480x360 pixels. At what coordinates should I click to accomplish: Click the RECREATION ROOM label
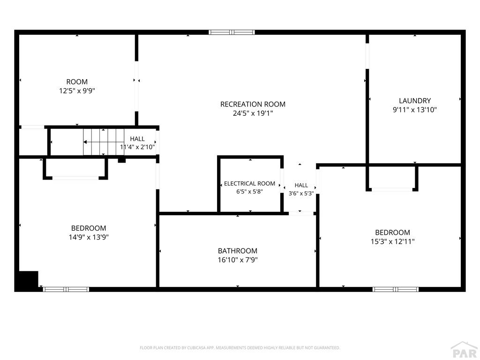point(253,105)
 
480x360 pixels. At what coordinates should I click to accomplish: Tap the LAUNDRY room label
point(415,101)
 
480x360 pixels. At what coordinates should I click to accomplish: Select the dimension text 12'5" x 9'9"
point(77,91)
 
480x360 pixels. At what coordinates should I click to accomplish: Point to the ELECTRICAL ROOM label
point(249,184)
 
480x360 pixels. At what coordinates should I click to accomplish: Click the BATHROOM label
point(238,251)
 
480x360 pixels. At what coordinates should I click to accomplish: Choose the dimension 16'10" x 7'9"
point(238,260)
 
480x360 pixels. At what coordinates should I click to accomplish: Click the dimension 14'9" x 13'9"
point(89,237)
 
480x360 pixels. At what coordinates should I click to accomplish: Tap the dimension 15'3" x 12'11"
point(393,241)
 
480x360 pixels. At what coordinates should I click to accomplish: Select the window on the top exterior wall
point(232,32)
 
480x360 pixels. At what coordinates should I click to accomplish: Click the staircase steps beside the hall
point(104,142)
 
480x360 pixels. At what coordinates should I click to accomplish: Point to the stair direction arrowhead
point(85,142)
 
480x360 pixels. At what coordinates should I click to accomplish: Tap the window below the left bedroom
point(66,289)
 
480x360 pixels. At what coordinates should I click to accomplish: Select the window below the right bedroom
point(396,289)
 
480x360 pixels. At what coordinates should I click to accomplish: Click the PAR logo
point(465,351)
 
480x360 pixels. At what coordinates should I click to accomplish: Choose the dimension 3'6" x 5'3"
point(301,194)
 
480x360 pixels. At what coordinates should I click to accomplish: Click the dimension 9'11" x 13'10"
point(415,110)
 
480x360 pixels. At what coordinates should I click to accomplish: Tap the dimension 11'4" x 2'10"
point(137,147)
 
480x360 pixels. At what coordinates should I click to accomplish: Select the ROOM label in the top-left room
point(77,82)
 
